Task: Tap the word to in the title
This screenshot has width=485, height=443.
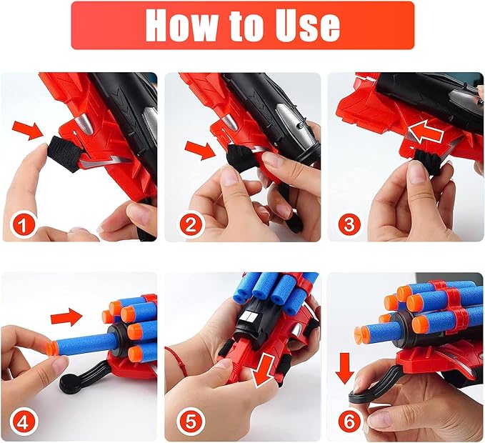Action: point(245,26)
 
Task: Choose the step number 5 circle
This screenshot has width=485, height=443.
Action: point(189,421)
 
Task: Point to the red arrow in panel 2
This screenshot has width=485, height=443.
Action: point(199,150)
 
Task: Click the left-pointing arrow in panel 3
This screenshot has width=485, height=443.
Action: point(425,133)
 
